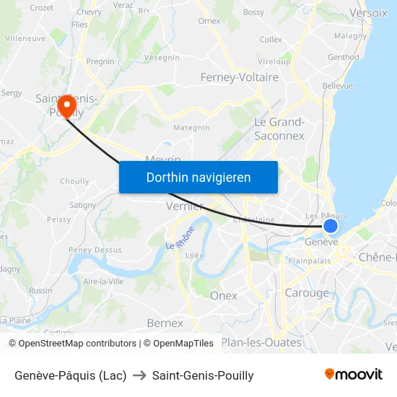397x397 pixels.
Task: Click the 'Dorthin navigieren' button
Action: click(198, 177)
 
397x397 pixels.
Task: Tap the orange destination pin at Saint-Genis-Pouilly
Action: click(67, 106)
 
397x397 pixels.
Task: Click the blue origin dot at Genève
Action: click(331, 226)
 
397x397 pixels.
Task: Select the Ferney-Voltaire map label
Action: click(240, 77)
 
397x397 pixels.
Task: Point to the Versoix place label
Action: click(368, 12)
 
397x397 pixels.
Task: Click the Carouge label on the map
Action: click(307, 293)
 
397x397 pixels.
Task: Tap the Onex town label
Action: click(224, 295)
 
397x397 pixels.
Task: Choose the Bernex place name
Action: click(165, 323)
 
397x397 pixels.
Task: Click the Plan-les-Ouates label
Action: click(261, 342)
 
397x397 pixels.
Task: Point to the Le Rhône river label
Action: click(180, 238)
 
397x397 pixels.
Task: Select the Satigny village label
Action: click(83, 205)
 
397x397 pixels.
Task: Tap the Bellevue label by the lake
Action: click(338, 85)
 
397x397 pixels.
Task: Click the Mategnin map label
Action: click(191, 128)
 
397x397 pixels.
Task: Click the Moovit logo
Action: click(354, 374)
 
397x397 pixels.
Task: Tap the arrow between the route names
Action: click(139, 375)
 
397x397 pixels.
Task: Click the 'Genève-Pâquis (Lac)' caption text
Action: click(70, 375)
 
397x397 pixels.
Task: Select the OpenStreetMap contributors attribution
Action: click(72, 344)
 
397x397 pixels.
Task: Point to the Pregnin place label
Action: click(100, 62)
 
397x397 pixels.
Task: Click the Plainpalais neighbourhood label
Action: click(310, 260)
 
